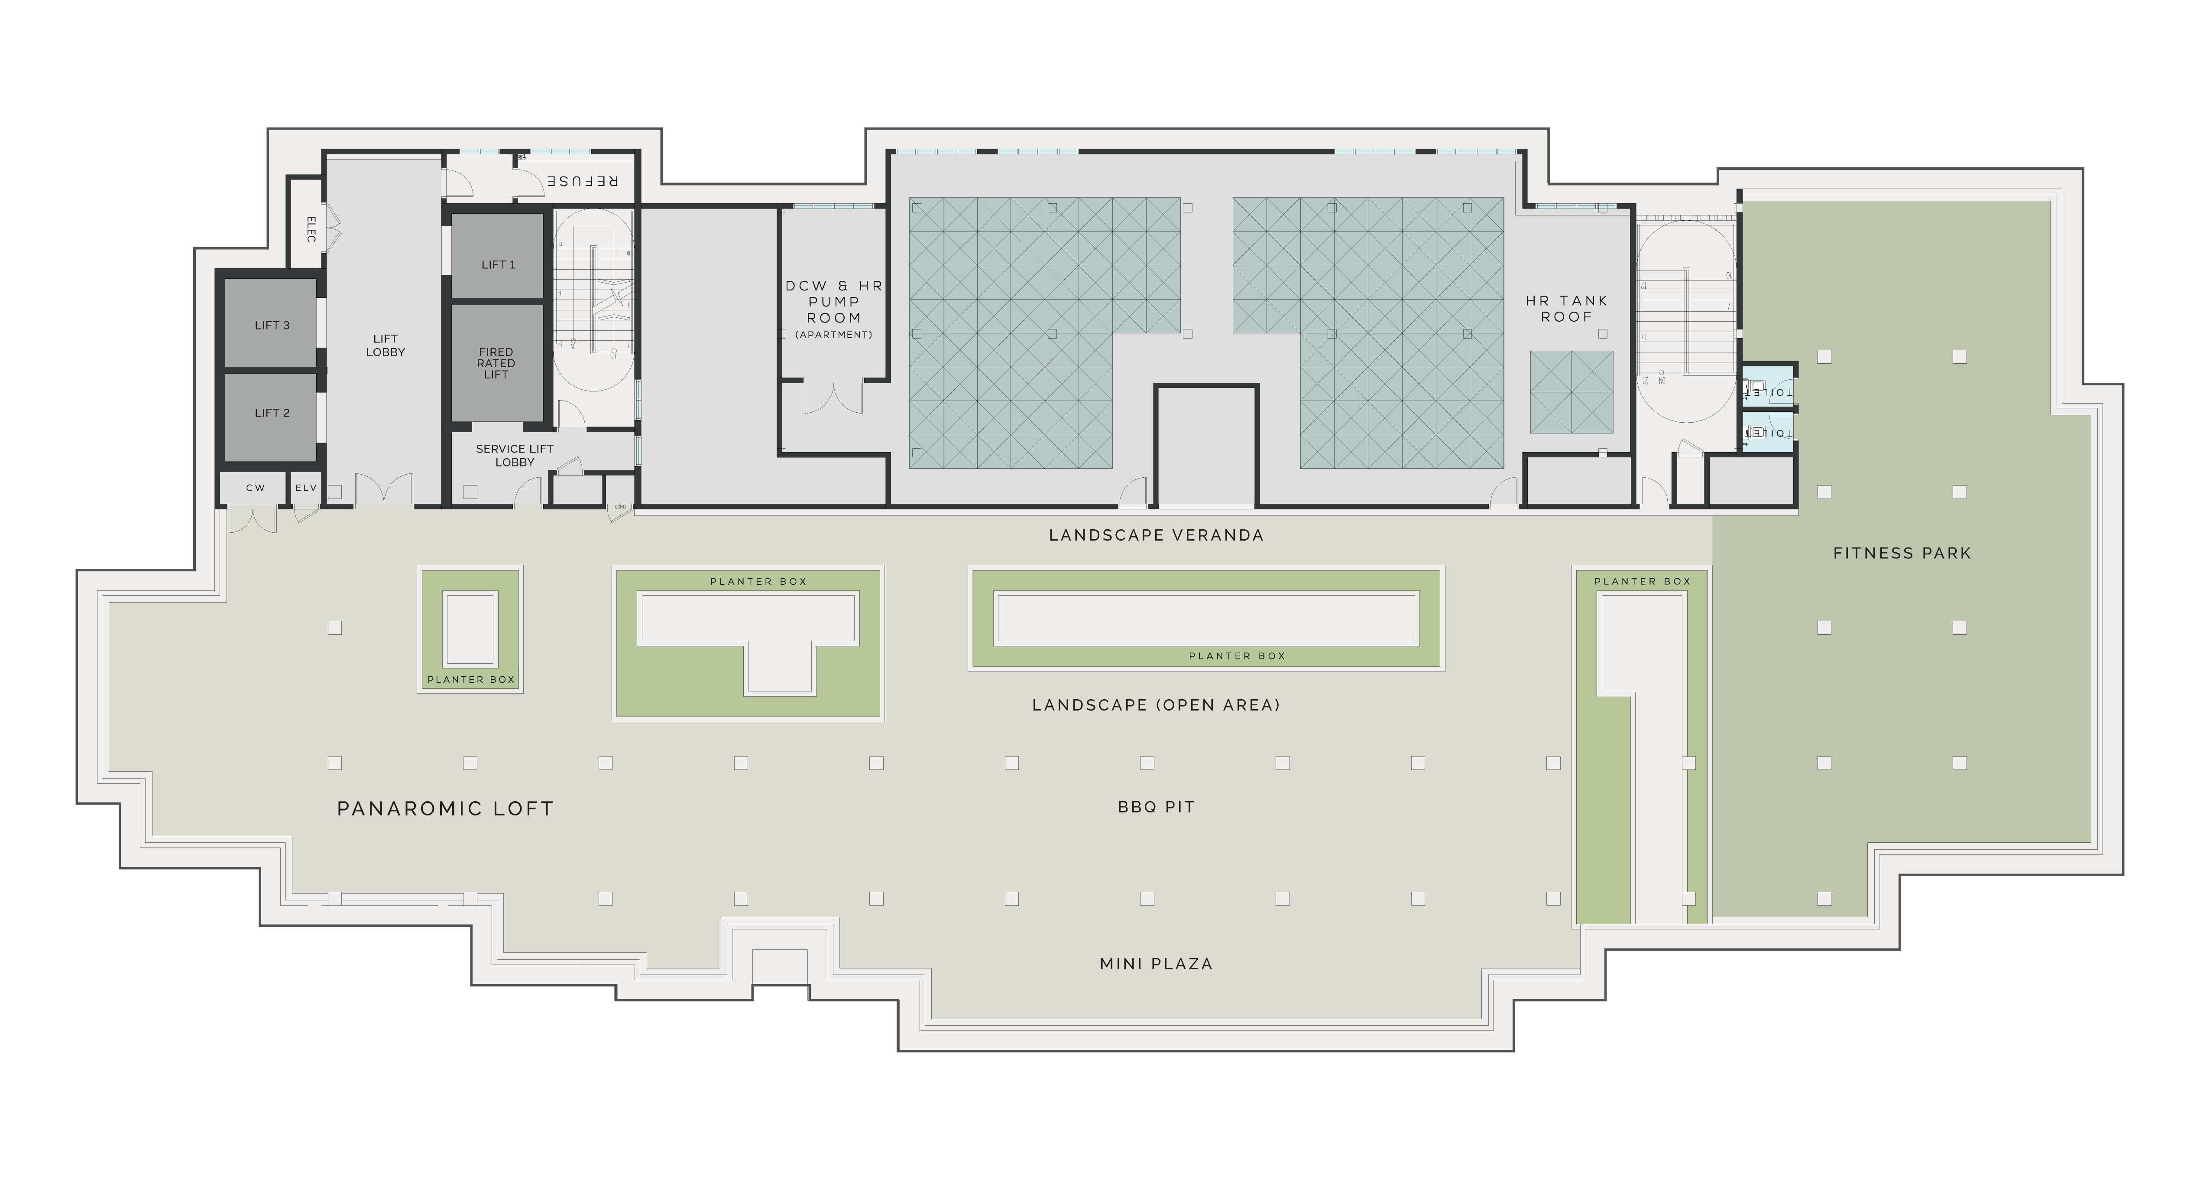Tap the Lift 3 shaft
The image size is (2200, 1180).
(x=272, y=326)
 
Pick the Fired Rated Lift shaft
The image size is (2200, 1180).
(x=496, y=363)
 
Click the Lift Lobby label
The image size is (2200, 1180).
(x=385, y=345)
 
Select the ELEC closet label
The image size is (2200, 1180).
(x=311, y=229)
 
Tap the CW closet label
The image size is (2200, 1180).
(x=256, y=488)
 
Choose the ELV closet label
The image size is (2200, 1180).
(x=306, y=488)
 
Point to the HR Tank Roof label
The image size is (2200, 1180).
(x=1566, y=309)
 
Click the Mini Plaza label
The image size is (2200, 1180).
(x=1156, y=964)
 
